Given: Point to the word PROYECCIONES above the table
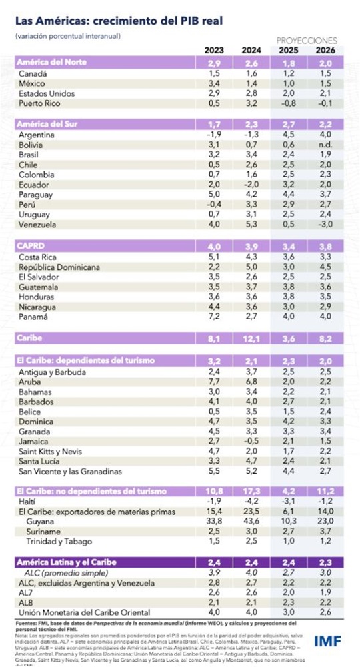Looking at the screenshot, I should [x=307, y=41].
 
